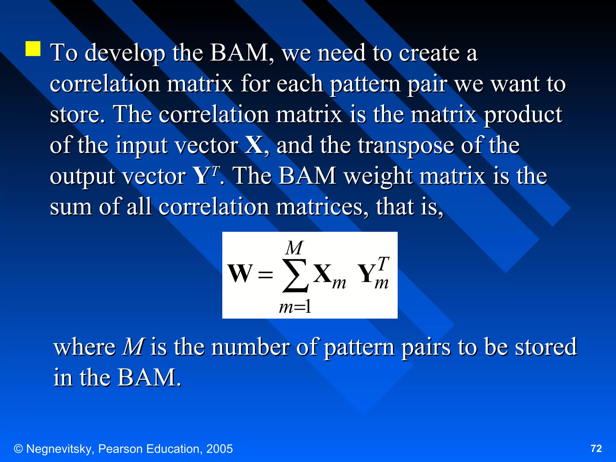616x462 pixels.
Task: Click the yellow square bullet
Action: click(33, 49)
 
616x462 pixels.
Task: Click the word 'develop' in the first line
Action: click(125, 53)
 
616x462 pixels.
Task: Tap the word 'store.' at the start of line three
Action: click(77, 115)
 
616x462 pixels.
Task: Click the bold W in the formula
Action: click(240, 273)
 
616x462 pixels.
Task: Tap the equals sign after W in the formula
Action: click(265, 274)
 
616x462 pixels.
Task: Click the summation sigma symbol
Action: click(295, 276)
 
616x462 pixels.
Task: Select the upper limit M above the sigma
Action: click(294, 248)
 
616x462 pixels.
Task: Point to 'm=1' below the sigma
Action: click(295, 307)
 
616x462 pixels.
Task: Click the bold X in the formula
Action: click(322, 273)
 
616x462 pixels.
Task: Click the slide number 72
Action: click(596, 448)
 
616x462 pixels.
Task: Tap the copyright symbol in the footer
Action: click(18, 449)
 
